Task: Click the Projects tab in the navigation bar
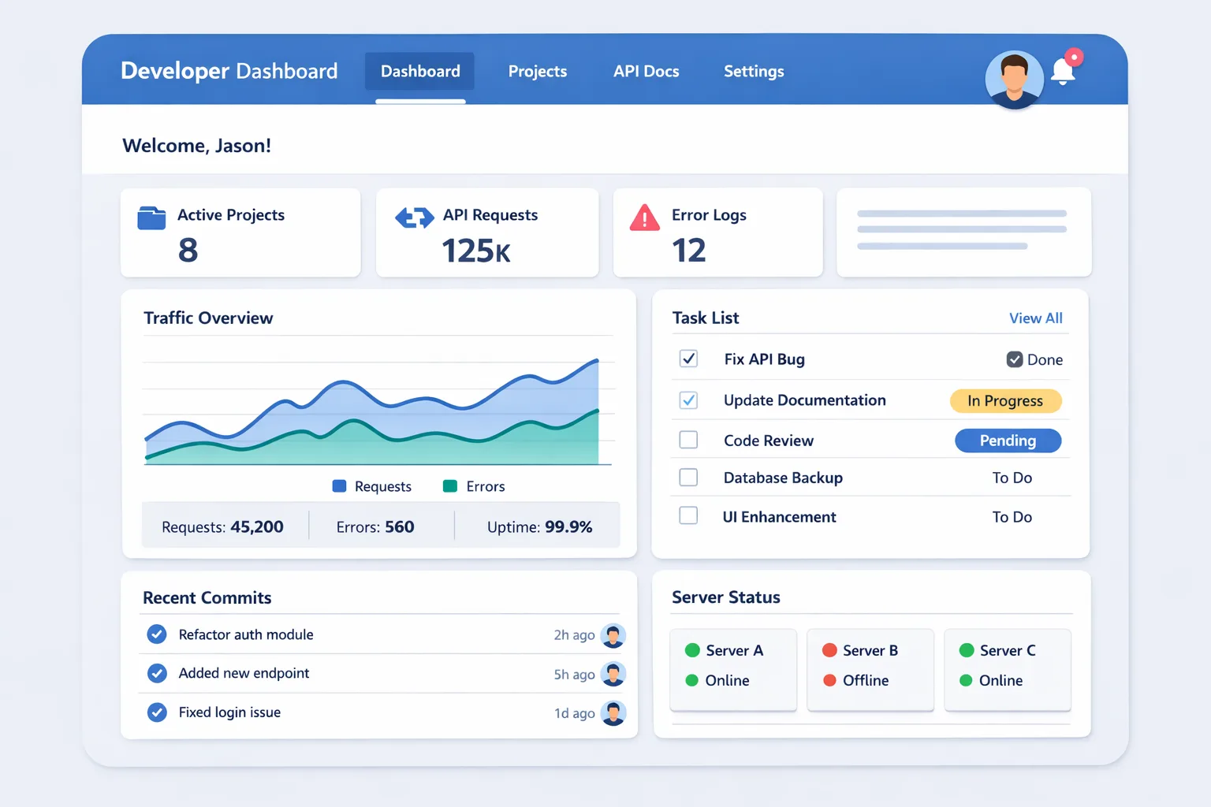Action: [537, 72]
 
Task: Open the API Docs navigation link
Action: [646, 72]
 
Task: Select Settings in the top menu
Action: [754, 72]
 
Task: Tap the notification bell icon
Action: [1063, 73]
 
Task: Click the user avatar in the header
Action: [1014, 79]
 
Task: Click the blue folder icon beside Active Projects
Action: [151, 218]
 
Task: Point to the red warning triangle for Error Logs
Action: [644, 218]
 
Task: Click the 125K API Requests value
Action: [476, 251]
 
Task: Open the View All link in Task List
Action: [1035, 318]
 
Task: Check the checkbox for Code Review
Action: [688, 440]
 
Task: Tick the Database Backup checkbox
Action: [688, 478]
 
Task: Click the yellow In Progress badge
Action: [1005, 401]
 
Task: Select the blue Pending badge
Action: [1008, 441]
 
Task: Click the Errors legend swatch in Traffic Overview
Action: [450, 486]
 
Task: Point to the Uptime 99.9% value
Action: [568, 527]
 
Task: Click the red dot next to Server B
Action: [829, 650]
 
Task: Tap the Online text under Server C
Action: [1000, 681]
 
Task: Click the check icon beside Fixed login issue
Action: [157, 712]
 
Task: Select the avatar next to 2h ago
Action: [613, 635]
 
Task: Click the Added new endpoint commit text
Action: [244, 674]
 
